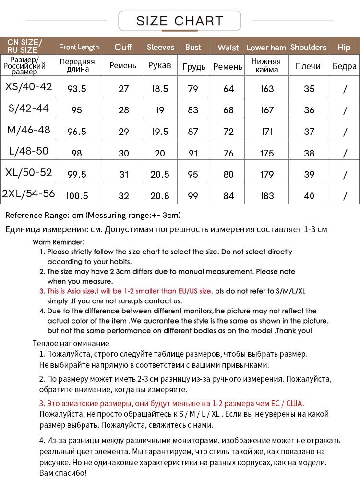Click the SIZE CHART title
tap(180, 21)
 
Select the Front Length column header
tap(79, 47)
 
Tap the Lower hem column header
tap(266, 48)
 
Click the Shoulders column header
tap(308, 47)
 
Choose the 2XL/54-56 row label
tap(28, 194)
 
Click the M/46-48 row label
tap(28, 130)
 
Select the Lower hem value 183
tap(267, 196)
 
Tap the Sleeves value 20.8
tap(160, 196)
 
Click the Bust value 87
tap(193, 132)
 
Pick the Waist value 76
tap(228, 154)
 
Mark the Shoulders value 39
tap(309, 175)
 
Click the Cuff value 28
tap(123, 110)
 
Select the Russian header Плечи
tap(308, 66)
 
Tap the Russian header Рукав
tap(160, 65)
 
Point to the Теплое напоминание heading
tap(71, 343)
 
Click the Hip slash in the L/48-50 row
tap(345, 154)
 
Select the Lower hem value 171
tap(267, 132)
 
